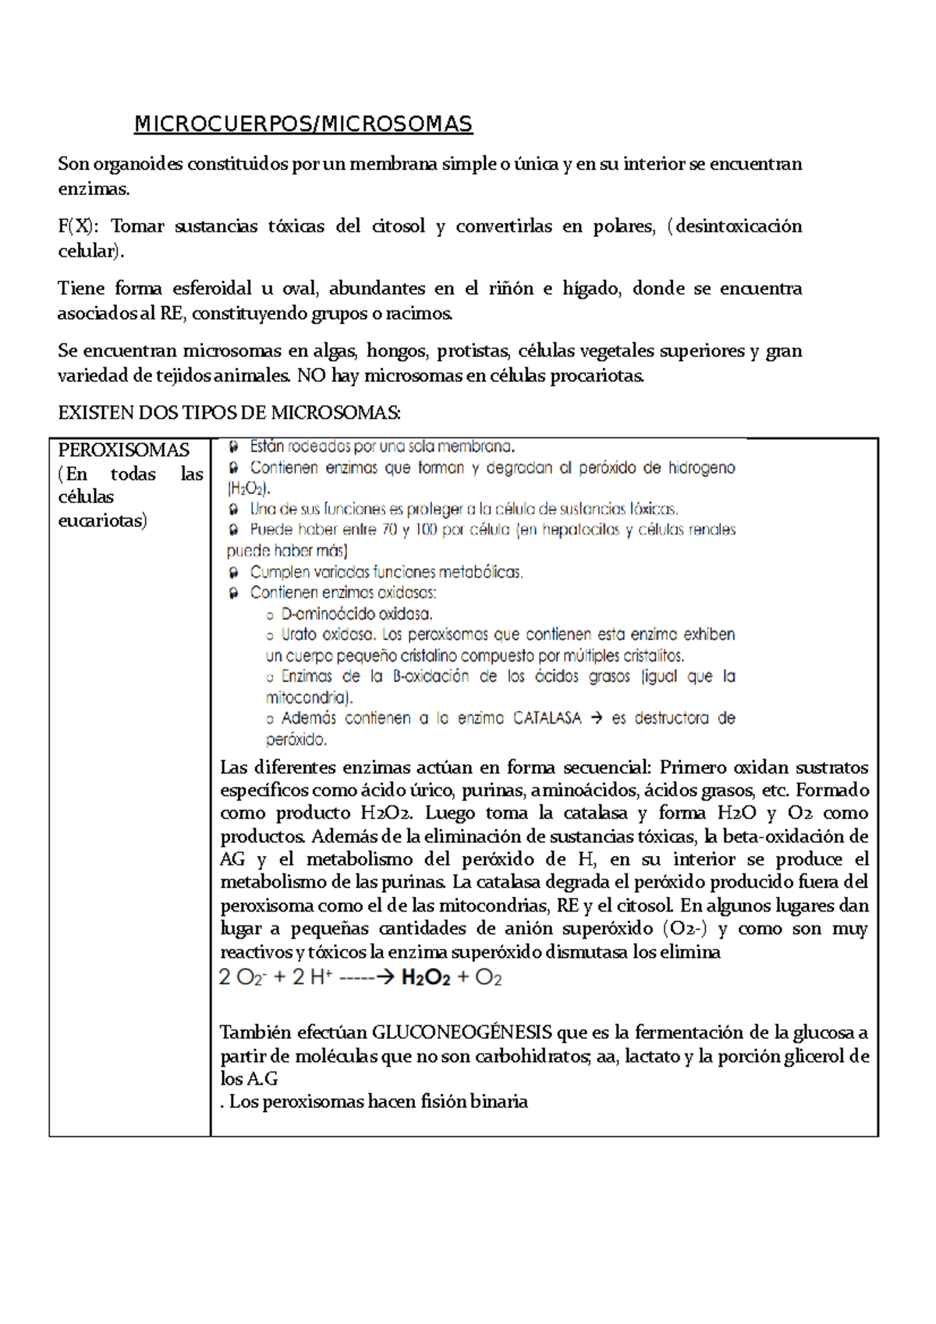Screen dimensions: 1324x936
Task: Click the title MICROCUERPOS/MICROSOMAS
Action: [303, 124]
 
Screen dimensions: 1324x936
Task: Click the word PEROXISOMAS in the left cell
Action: [123, 450]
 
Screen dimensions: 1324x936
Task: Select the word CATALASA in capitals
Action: [547, 718]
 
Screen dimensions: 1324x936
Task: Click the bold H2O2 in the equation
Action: [426, 978]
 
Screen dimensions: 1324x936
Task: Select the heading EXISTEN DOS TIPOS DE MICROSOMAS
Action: [229, 412]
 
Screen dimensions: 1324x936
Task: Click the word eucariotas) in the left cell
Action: [102, 520]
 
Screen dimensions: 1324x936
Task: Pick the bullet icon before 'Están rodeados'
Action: [233, 447]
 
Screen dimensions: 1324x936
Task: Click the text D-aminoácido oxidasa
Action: [356, 614]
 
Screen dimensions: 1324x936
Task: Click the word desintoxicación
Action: [738, 226]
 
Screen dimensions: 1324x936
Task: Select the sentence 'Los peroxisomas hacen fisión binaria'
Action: [378, 1102]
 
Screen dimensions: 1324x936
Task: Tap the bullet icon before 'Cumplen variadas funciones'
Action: [233, 572]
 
